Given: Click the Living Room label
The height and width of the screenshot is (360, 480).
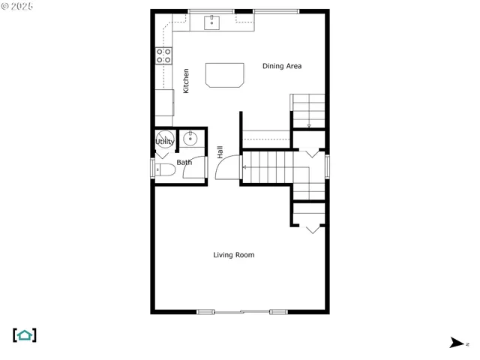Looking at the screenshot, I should click(x=234, y=255).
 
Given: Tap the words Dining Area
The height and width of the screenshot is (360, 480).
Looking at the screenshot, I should click(x=282, y=66).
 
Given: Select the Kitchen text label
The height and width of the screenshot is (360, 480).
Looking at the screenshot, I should click(x=186, y=80).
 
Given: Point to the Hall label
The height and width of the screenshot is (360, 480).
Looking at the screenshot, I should click(x=220, y=152).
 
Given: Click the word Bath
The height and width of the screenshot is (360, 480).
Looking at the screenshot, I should click(x=184, y=162).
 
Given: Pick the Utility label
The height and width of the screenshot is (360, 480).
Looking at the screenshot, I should click(x=165, y=141).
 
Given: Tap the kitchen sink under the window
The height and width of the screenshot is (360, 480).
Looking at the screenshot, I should click(x=214, y=22).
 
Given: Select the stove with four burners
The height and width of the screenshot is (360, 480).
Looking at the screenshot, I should click(x=163, y=54).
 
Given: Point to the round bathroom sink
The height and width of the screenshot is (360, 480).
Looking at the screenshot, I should click(x=191, y=138).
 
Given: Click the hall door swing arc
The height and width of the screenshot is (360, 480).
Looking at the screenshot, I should click(x=226, y=168).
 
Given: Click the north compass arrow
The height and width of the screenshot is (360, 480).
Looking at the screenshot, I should click(x=457, y=343).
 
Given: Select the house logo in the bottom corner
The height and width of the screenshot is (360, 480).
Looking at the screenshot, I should click(x=25, y=335).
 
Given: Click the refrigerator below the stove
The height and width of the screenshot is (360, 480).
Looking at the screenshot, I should click(x=164, y=102).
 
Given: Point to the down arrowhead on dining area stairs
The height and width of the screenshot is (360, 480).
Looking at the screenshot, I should click(x=309, y=125).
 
